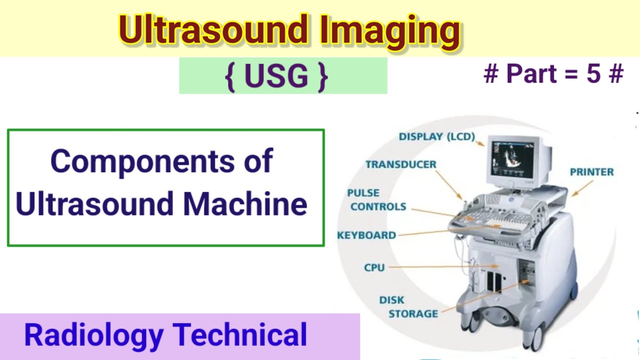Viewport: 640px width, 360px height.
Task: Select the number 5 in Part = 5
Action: click(593, 74)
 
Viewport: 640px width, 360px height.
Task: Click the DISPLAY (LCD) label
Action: click(436, 136)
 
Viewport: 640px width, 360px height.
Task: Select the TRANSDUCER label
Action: click(400, 164)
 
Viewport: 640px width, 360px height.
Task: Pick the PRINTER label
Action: click(591, 172)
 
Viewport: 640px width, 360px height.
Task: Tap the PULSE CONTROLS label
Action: click(377, 200)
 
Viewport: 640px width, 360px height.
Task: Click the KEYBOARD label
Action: click(366, 235)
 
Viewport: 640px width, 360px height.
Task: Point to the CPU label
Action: click(374, 267)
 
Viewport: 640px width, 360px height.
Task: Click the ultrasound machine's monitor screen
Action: click(512, 158)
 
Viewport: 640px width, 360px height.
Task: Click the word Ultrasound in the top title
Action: click(213, 31)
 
